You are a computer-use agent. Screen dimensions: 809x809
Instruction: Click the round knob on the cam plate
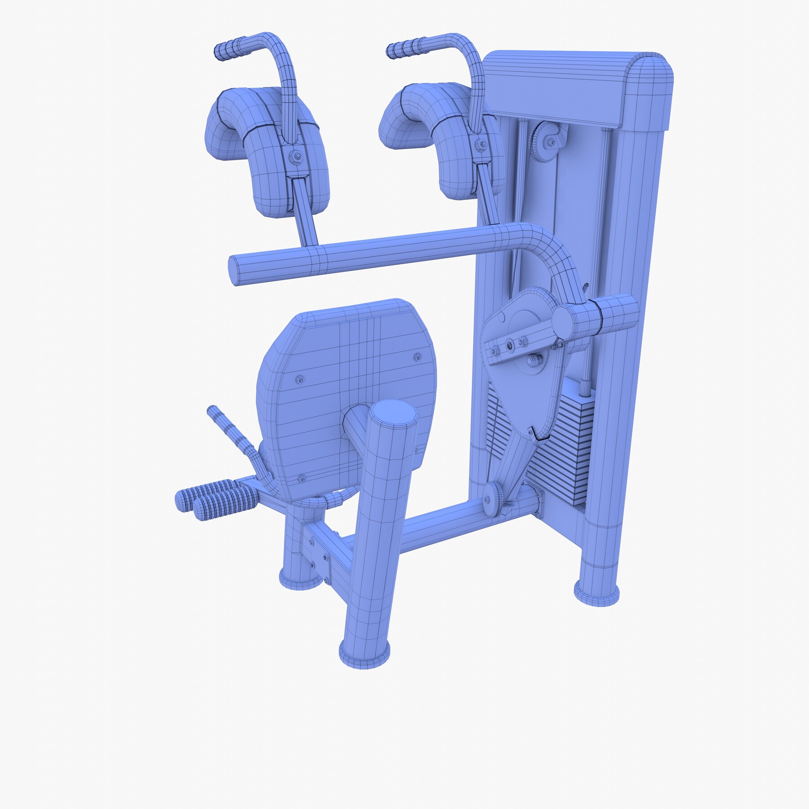(x=533, y=360)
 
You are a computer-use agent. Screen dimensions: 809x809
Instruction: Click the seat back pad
(x=342, y=382)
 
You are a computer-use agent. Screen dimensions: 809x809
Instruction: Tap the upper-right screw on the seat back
(x=417, y=357)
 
